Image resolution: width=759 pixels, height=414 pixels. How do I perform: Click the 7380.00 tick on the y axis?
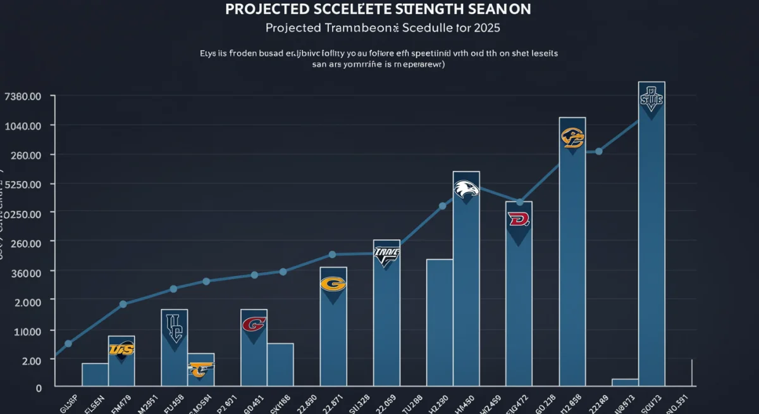23,96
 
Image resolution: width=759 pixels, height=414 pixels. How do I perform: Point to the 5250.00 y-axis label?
23,184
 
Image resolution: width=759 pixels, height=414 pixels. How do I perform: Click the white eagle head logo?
466,189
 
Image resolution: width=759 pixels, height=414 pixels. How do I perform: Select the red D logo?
519,220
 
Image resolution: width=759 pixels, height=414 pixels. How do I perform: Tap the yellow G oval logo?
333,284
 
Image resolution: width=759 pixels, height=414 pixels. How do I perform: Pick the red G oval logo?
254,325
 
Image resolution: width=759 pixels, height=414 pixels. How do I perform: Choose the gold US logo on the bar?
121,349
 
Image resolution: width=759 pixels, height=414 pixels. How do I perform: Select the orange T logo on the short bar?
201,369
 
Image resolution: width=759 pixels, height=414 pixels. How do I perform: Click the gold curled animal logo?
572,137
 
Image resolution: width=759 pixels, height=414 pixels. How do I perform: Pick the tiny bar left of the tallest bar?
625,382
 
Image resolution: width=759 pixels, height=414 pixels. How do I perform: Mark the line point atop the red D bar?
519,202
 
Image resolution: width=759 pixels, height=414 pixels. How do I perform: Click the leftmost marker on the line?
68,344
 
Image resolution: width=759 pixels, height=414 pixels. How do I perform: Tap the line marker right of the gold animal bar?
599,151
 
